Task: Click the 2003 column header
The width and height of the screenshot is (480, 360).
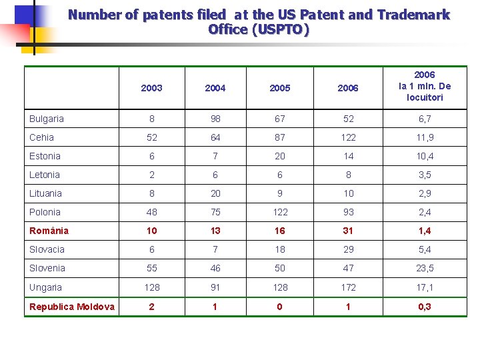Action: coord(152,88)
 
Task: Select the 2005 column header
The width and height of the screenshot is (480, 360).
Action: coord(280,88)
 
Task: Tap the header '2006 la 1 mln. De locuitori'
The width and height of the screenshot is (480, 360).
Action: coord(425,87)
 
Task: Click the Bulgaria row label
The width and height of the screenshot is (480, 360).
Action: coord(47,119)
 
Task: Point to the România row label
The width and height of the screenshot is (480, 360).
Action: coord(49,231)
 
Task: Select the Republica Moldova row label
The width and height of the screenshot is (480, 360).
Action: coord(72,307)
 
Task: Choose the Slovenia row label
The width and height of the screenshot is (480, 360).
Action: coord(47,268)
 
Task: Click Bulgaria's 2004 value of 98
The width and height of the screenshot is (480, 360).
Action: coord(215,119)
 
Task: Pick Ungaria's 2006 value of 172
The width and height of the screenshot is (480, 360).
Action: coord(348,287)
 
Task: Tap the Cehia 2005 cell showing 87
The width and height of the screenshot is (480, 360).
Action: coord(280,137)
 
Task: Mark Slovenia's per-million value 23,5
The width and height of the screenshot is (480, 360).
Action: coord(425,268)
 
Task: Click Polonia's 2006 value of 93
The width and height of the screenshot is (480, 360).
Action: coord(348,212)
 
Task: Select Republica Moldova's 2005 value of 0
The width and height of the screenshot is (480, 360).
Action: coord(280,307)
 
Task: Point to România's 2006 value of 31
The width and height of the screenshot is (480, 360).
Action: coord(348,231)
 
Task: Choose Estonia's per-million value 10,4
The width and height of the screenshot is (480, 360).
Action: coord(425,156)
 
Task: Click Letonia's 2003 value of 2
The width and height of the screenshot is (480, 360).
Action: coord(152,175)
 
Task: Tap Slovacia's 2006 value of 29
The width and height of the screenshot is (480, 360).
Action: coord(348,249)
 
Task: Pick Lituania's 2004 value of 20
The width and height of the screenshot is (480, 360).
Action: coord(215,193)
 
